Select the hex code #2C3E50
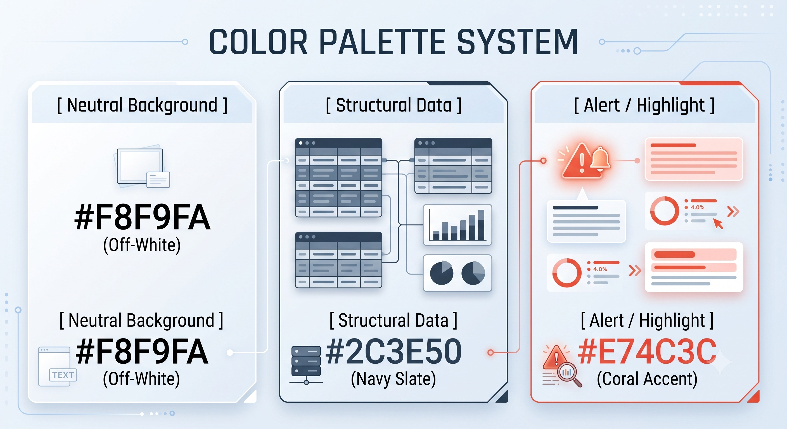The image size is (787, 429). point(393,352)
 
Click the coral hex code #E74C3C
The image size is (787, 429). point(647,352)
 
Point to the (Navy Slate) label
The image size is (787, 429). point(393,379)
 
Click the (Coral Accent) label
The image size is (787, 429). point(647,379)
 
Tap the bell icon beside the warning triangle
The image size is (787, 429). point(601,158)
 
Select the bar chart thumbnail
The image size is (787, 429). point(457,225)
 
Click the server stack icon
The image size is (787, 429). point(306,365)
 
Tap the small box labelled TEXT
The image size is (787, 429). point(63,375)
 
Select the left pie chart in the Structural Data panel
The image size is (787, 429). point(442,273)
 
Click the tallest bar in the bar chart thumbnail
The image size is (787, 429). point(481,225)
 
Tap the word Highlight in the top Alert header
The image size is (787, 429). point(671,106)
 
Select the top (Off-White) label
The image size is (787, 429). point(142,245)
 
